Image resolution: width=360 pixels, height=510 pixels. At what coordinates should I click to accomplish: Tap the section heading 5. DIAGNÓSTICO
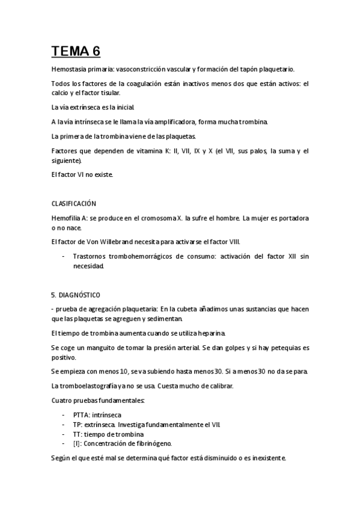point(76,295)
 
